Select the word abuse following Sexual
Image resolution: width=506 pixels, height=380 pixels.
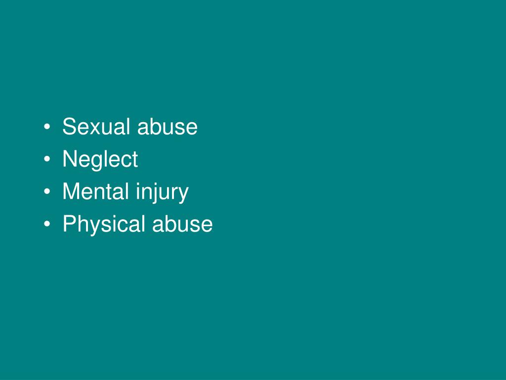[x=168, y=127]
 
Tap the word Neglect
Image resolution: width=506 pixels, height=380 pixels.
[x=100, y=160]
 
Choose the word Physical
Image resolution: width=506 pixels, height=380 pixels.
[x=104, y=224]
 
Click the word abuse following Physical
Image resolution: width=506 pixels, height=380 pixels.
[x=182, y=224]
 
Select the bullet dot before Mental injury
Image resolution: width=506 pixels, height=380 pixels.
[x=46, y=192]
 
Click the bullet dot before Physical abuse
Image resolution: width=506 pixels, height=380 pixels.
[x=46, y=225]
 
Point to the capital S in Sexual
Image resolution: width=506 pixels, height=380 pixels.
[x=68, y=127]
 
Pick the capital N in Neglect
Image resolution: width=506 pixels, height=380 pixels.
[x=69, y=159]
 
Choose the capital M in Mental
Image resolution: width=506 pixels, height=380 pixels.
[x=70, y=191]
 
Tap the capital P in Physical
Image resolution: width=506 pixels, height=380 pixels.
[x=69, y=224]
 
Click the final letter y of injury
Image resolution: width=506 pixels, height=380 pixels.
[x=184, y=194]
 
